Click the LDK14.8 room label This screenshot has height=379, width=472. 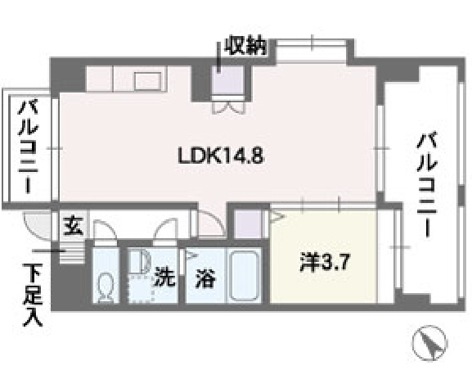(219, 155)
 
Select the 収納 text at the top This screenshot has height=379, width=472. (245, 47)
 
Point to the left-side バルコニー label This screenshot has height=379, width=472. (30, 147)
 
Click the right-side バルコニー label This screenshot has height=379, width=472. (425, 183)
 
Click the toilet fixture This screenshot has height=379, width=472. (106, 287)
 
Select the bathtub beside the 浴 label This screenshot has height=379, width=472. (243, 277)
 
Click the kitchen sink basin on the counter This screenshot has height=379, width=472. (147, 80)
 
